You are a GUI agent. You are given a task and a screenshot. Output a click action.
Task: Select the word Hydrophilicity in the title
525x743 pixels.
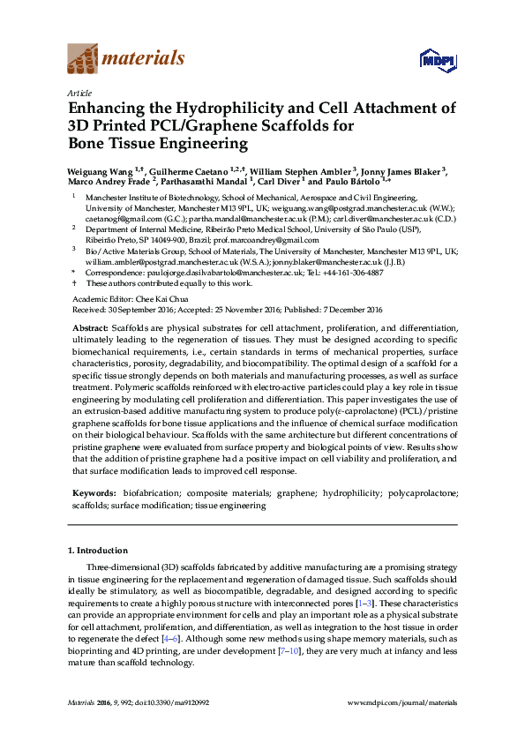[209, 109]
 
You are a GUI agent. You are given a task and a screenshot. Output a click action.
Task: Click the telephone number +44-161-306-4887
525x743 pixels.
[350, 274]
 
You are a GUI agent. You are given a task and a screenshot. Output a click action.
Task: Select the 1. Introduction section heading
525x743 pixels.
[98, 551]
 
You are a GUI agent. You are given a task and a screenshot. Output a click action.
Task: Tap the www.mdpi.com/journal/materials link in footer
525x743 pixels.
[403, 702]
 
